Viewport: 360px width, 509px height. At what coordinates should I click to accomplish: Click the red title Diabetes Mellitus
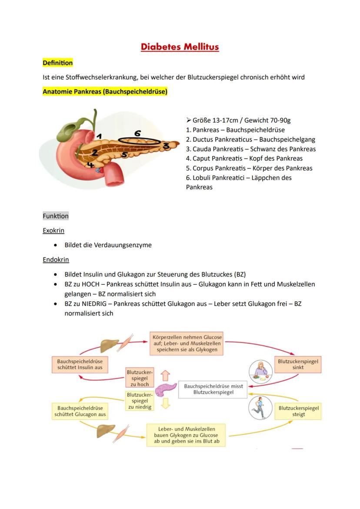click(180, 47)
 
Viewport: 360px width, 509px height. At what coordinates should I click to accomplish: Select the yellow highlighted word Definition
click(57, 63)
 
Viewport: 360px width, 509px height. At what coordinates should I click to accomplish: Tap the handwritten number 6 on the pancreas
click(137, 134)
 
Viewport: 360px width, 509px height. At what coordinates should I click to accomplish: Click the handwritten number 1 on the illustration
click(99, 136)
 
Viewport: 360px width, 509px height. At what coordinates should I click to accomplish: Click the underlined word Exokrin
click(53, 230)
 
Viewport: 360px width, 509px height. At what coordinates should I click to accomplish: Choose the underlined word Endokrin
click(56, 259)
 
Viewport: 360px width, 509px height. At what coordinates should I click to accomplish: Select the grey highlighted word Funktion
click(56, 216)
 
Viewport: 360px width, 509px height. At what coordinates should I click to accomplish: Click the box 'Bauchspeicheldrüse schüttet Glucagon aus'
click(80, 411)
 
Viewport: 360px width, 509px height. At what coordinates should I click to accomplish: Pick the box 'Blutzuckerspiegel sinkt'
click(298, 364)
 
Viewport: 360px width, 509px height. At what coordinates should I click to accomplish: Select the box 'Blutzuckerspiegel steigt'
click(299, 411)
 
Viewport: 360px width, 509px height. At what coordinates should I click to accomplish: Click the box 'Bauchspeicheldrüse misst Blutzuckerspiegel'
click(213, 389)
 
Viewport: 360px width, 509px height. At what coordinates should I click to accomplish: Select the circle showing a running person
click(260, 408)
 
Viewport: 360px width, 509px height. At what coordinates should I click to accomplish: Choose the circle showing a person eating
click(260, 372)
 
